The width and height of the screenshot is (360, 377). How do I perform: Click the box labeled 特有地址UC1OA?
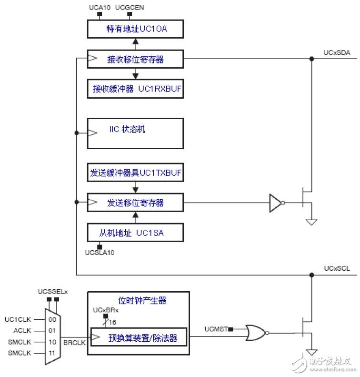135,30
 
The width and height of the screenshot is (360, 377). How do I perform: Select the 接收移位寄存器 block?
135,60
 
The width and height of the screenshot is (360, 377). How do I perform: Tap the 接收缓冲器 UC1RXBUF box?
135,89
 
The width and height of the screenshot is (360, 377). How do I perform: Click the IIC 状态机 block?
135,133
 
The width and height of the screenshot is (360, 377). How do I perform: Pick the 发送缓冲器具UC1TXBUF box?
135,173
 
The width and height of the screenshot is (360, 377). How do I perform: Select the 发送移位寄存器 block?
135,203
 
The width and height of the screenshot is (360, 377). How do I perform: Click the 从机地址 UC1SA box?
135,233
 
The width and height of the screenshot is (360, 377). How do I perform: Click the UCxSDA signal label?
337,53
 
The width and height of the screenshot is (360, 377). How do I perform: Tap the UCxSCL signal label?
337,269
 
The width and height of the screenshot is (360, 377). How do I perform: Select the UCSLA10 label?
100,253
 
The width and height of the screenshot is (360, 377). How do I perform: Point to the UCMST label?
216,329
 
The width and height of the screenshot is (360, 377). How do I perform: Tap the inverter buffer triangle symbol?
276,203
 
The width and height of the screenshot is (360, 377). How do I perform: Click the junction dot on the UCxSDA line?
312,59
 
